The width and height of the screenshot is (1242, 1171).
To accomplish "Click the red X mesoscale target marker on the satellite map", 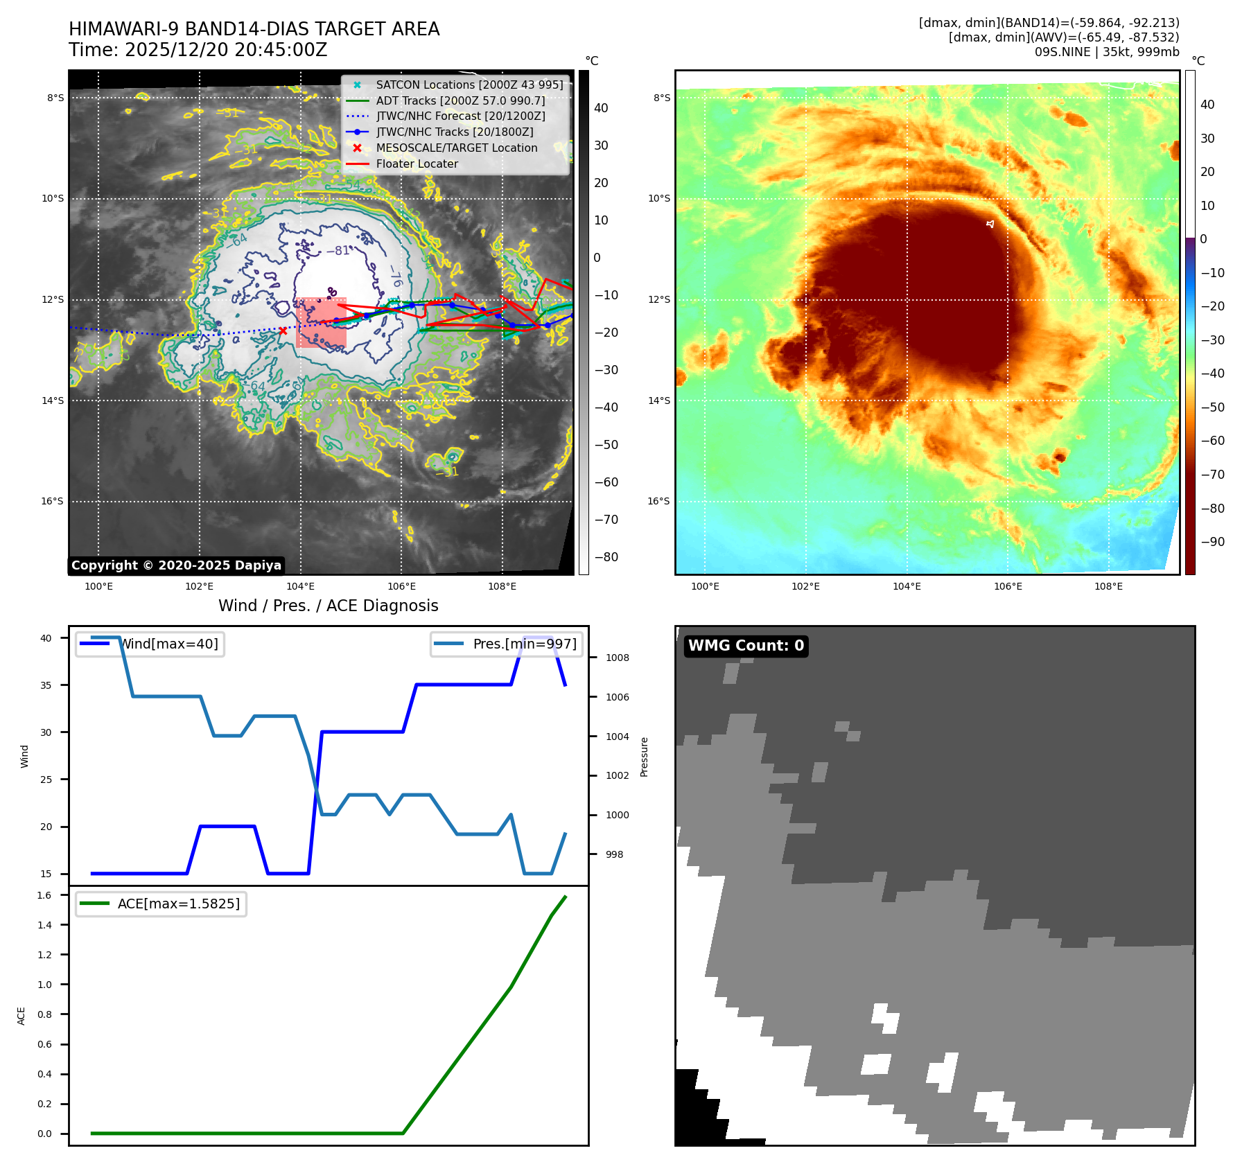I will click(283, 331).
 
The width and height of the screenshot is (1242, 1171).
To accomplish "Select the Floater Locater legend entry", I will click(417, 164).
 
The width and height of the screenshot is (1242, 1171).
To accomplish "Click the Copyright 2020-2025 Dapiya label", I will click(176, 565).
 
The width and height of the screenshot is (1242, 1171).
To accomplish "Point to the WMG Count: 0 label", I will click(746, 646).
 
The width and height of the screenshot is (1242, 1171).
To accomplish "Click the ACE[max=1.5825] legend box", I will click(161, 904).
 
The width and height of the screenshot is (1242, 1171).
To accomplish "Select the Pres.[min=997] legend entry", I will click(507, 644).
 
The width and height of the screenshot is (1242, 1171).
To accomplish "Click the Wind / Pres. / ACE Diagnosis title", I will click(328, 606).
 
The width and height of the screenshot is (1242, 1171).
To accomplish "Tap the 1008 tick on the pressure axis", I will click(617, 658).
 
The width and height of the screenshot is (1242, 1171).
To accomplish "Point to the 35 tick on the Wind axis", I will click(46, 685).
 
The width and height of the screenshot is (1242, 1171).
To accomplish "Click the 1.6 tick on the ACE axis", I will click(45, 895).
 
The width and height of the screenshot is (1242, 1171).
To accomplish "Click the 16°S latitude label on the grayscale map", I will click(52, 502).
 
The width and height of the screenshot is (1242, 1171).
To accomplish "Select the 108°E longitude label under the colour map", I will click(1108, 587).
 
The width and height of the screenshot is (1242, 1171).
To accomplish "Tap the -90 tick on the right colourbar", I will click(1213, 542).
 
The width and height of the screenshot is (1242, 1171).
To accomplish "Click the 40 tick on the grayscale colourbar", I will click(601, 108).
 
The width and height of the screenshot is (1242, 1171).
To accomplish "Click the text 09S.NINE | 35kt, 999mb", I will click(1106, 53).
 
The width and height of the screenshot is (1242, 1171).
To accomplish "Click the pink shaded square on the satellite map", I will click(321, 323).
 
